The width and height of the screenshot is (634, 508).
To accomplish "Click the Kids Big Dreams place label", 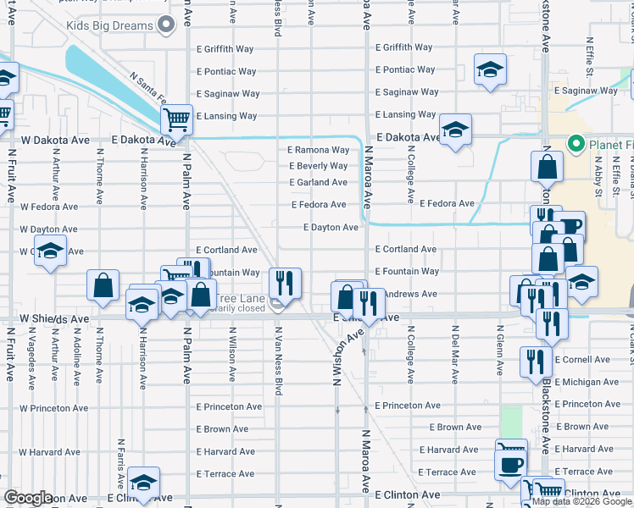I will (x=110, y=25).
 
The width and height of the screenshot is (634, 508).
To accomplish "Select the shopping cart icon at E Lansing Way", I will (x=176, y=120).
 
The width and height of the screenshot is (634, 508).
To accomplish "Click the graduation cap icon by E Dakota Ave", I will (x=455, y=130).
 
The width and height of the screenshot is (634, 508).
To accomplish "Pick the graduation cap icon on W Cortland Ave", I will (x=51, y=251).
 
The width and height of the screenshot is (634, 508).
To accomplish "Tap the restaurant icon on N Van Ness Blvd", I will (x=285, y=282).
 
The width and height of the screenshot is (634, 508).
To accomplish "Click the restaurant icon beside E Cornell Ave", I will (x=536, y=360).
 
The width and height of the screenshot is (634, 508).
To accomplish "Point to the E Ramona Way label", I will (x=318, y=150).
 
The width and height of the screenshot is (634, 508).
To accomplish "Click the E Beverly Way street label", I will (x=318, y=166).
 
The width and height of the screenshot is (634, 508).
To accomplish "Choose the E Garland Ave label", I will (x=318, y=182).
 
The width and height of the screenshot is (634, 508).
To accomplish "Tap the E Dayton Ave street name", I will (x=331, y=227).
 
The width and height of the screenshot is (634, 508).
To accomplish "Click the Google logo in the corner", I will (x=27, y=498).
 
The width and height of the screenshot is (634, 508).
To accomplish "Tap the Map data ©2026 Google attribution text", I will (x=581, y=502).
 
